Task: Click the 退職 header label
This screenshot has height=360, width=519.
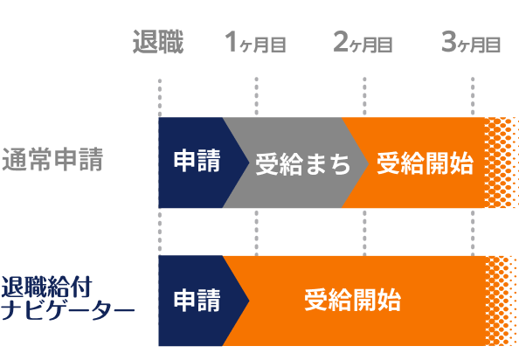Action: tap(158, 42)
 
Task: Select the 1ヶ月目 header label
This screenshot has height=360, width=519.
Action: tap(255, 42)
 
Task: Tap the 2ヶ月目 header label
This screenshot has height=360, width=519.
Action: tap(363, 42)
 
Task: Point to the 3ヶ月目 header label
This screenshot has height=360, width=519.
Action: tap(472, 42)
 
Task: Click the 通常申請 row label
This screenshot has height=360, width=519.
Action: tap(52, 161)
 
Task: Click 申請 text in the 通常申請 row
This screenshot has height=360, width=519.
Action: tap(197, 162)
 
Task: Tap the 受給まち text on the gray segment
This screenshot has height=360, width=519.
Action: tap(302, 163)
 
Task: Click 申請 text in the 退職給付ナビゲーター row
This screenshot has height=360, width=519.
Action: tap(197, 301)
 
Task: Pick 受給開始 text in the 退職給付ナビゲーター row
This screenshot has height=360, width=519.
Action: tap(352, 301)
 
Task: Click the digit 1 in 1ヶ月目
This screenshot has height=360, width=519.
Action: tap(232, 42)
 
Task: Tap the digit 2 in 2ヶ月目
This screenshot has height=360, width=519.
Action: tap(340, 42)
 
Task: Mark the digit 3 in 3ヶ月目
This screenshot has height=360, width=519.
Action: tap(448, 42)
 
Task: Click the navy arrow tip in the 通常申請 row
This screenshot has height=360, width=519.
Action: tap(246, 163)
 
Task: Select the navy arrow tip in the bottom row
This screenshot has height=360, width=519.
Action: tap(246, 301)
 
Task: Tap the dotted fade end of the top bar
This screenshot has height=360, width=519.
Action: tap(501, 163)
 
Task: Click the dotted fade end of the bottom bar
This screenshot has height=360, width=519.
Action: tap(501, 301)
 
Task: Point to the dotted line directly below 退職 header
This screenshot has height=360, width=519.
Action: tap(159, 96)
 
